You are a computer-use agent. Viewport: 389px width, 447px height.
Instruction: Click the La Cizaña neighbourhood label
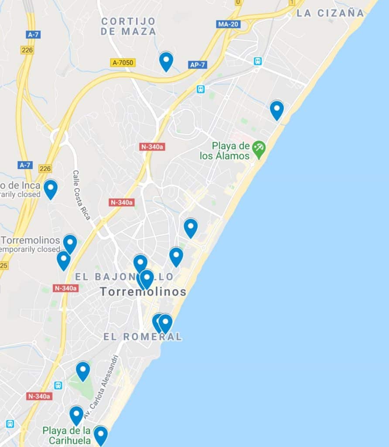pos(330,13)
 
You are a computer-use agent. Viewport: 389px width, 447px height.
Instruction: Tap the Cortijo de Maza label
pos(128,26)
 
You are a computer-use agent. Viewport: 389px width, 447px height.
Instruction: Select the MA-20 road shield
pos(228,24)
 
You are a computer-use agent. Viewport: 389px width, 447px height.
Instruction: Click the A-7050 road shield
pos(123,63)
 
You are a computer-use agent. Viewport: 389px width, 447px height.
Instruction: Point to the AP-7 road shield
pos(197,65)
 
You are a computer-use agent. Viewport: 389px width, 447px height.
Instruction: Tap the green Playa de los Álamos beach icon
pos(259,149)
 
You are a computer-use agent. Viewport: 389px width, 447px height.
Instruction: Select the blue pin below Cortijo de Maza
pos(166,61)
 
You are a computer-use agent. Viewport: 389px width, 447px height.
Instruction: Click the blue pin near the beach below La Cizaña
pos(276,110)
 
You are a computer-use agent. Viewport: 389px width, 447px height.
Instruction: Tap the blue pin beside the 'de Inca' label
pos(51,189)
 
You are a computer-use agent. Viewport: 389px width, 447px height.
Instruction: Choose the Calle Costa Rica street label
pos(82,195)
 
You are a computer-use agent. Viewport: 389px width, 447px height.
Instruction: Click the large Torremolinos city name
pos(143,292)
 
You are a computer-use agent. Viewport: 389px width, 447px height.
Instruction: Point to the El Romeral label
pos(143,337)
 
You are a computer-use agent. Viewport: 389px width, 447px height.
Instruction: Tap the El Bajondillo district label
pos(124,277)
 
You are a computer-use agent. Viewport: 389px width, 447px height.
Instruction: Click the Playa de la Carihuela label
pos(67,435)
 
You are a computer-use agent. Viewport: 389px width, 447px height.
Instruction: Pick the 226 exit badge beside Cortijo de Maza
pos(27,50)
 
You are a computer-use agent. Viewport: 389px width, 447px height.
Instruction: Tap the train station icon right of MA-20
pos(258,61)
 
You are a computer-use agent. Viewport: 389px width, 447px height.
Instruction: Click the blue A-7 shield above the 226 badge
pos(33,34)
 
